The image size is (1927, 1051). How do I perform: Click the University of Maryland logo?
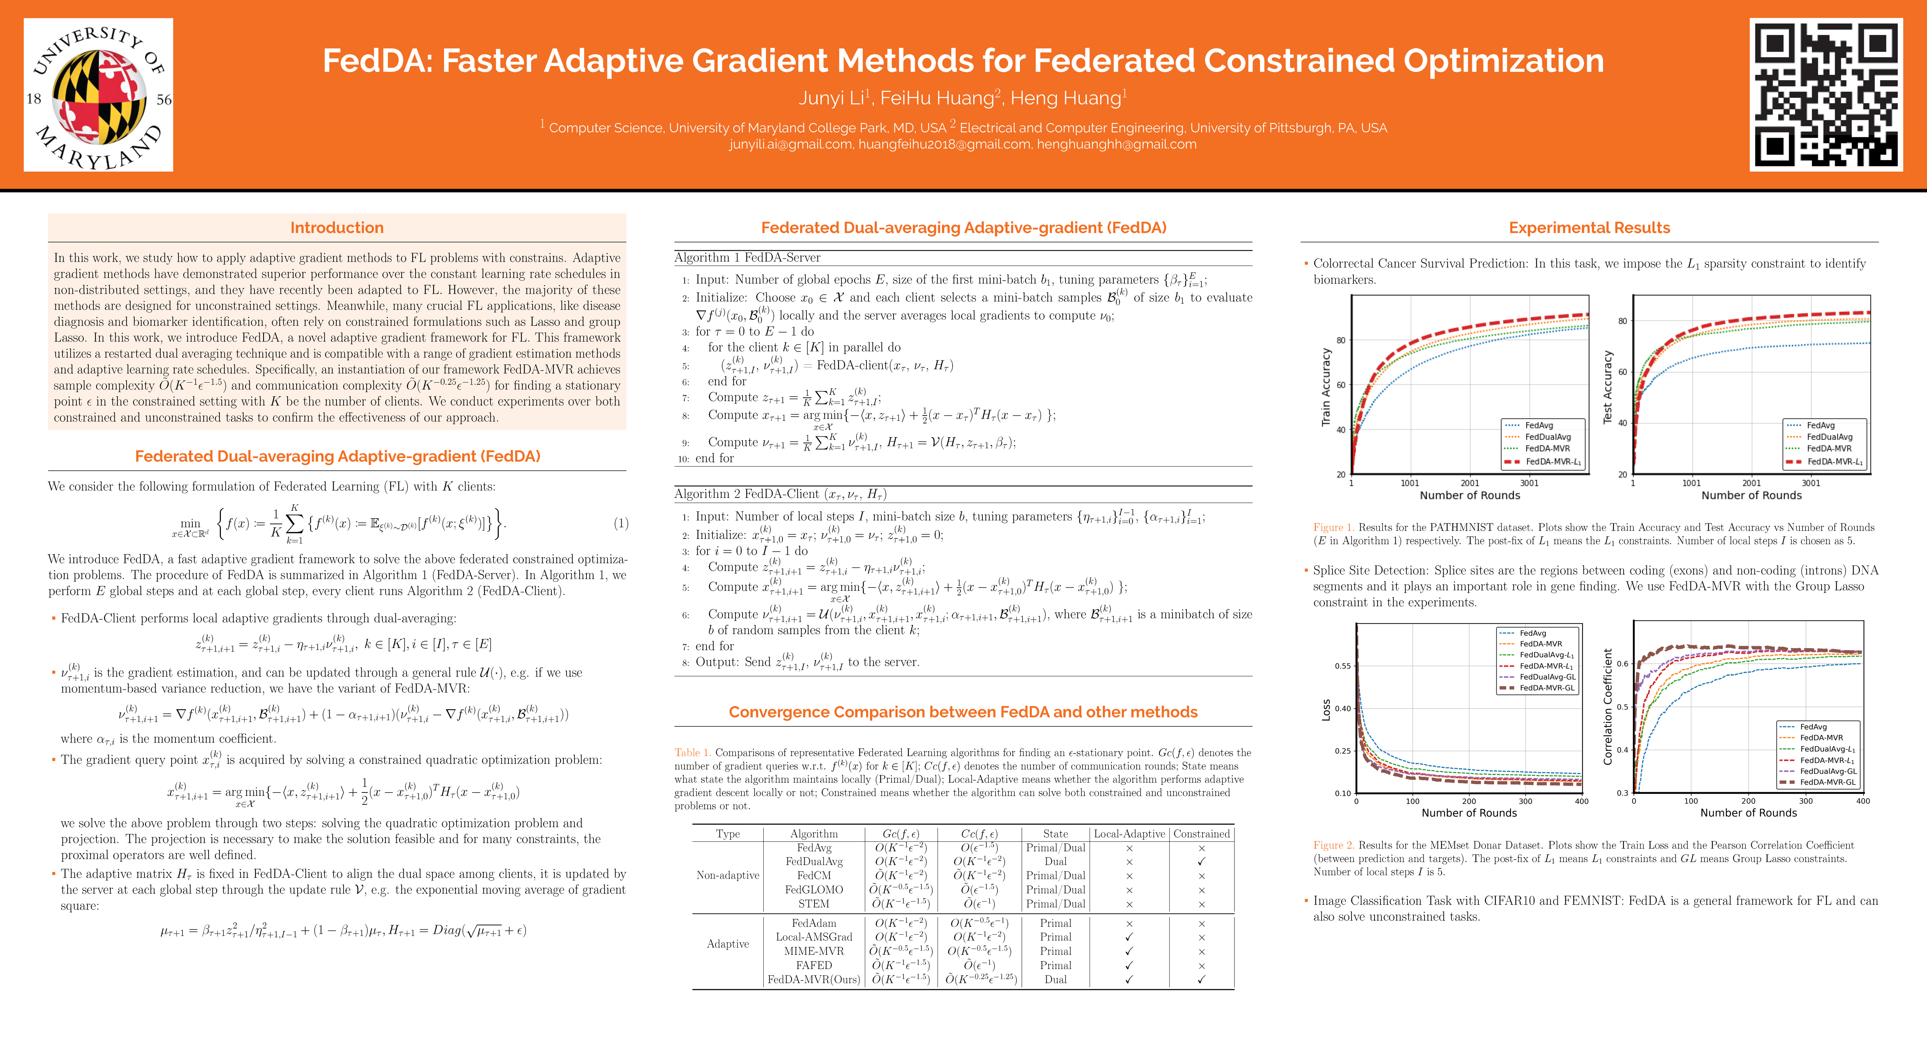point(98,95)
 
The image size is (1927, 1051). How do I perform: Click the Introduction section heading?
point(336,227)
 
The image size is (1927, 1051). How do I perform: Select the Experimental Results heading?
point(1589,227)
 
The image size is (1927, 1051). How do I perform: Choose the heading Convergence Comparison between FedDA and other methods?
point(963,711)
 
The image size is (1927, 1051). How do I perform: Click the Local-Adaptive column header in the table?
point(1129,833)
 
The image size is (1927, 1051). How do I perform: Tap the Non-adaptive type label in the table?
point(727,875)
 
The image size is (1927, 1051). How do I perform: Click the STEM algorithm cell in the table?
point(814,903)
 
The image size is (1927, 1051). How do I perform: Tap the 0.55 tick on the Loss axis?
point(1343,666)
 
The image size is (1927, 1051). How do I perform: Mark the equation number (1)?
point(621,523)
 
